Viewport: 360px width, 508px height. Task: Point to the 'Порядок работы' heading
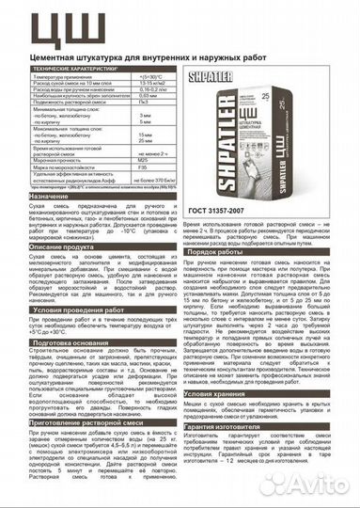click(x=225, y=251)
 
